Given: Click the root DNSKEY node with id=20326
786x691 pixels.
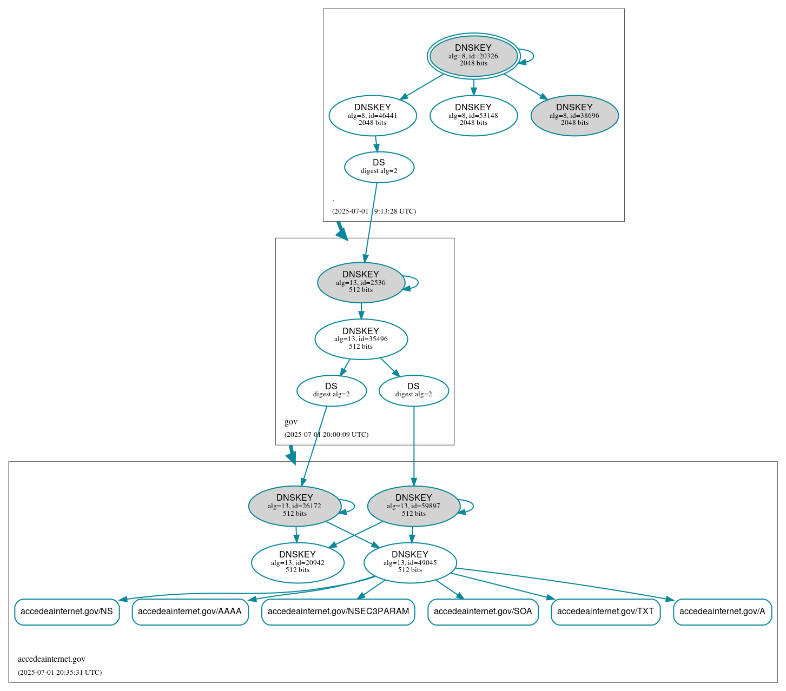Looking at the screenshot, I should pyautogui.click(x=473, y=56).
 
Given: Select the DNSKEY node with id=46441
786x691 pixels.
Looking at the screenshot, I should pyautogui.click(x=373, y=115).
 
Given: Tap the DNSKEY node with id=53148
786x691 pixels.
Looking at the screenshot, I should pyautogui.click(x=473, y=115).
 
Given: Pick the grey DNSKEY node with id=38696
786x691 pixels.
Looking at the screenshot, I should pyautogui.click(x=574, y=115).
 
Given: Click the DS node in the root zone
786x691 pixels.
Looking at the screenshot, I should pyautogui.click(x=379, y=167).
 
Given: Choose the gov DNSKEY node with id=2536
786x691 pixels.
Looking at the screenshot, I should pyautogui.click(x=361, y=282).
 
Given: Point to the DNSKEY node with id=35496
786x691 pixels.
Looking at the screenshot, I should pyautogui.click(x=361, y=339).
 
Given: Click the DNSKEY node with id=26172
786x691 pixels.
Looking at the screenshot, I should pyautogui.click(x=295, y=506).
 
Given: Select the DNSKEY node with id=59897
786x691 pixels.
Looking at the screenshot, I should pyautogui.click(x=414, y=506).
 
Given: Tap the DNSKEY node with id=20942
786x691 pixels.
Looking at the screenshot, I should pyautogui.click(x=298, y=563).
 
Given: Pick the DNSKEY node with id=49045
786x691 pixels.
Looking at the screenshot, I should pyautogui.click(x=410, y=563).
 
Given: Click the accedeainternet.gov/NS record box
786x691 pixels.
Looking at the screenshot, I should pyautogui.click(x=67, y=612).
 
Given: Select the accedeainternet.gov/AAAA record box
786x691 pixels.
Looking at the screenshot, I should pyautogui.click(x=190, y=612).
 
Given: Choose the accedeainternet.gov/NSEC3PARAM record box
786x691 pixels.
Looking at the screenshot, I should pyautogui.click(x=338, y=612).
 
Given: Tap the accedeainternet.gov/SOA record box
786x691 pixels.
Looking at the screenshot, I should pyautogui.click(x=483, y=612).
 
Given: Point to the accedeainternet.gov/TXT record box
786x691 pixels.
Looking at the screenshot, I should pyautogui.click(x=605, y=612).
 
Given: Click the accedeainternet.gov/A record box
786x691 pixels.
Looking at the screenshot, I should pyautogui.click(x=722, y=612).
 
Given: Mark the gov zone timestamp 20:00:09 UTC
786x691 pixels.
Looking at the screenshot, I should pyautogui.click(x=326, y=434).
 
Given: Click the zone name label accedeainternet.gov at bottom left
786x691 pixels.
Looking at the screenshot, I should pyautogui.click(x=51, y=659).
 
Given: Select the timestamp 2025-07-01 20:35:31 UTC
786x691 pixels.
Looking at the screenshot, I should pyautogui.click(x=60, y=673).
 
